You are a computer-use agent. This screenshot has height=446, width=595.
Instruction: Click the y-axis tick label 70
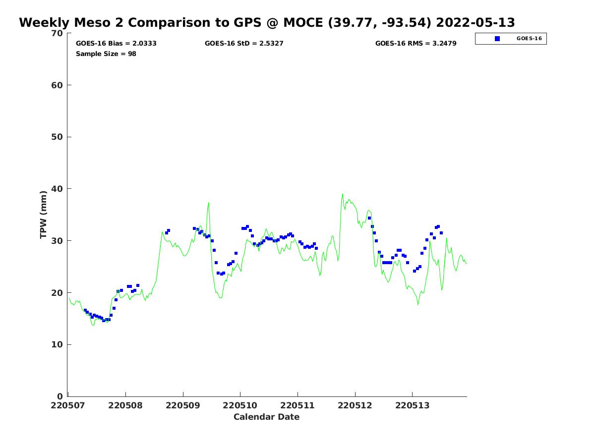58,33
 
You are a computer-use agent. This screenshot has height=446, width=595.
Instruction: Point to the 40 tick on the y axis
58,189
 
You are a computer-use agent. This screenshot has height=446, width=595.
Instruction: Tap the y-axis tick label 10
58,344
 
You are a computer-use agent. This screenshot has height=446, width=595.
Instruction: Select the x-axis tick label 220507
68,405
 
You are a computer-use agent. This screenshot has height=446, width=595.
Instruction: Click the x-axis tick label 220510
240,405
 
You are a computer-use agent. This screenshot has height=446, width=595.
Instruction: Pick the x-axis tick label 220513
412,405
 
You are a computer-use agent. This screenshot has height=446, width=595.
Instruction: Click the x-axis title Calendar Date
266,417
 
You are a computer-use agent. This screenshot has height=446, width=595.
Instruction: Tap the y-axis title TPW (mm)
44,215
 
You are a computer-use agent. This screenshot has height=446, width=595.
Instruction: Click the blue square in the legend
497,39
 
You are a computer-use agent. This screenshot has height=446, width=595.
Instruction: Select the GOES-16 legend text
529,39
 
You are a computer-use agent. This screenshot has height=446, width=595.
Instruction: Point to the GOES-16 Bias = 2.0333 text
116,44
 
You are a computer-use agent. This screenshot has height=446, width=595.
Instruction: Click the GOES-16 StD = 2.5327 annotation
244,44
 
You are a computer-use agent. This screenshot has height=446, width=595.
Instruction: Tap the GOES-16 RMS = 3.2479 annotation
416,44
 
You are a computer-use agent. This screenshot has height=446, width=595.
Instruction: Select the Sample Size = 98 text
106,54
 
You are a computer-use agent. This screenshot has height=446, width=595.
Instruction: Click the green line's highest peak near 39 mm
342,194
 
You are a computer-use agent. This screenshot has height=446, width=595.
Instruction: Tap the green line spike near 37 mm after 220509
209,203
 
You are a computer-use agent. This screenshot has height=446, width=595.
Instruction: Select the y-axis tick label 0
60,396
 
